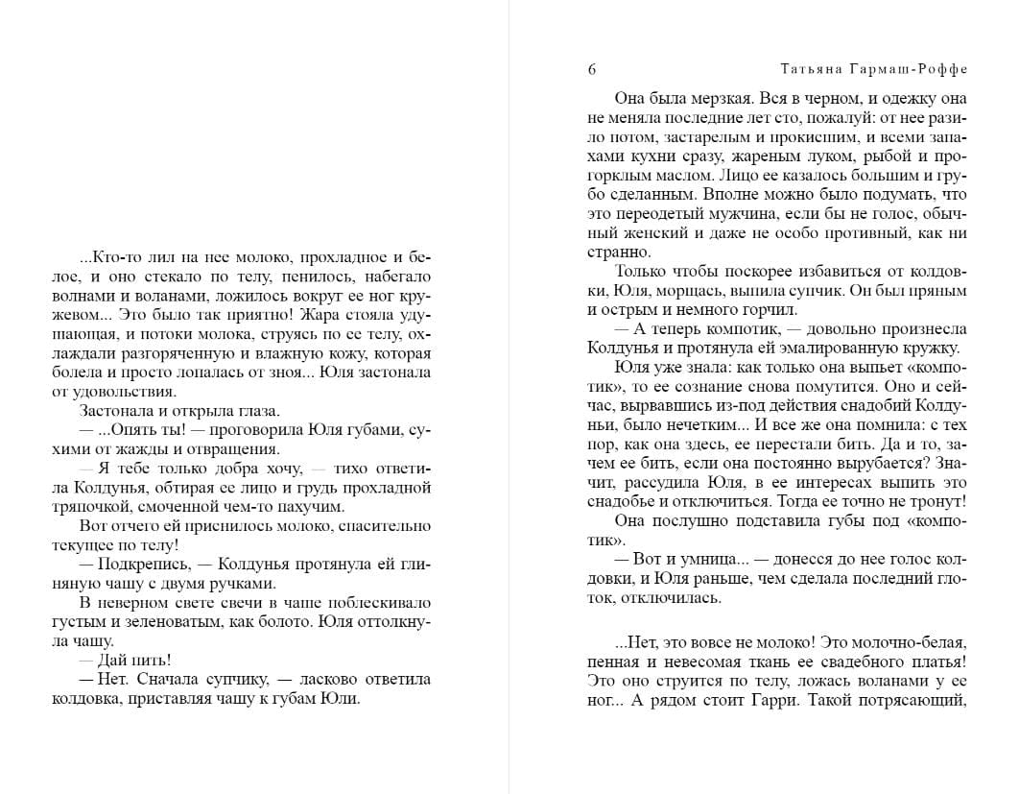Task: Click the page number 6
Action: [x=591, y=69]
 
